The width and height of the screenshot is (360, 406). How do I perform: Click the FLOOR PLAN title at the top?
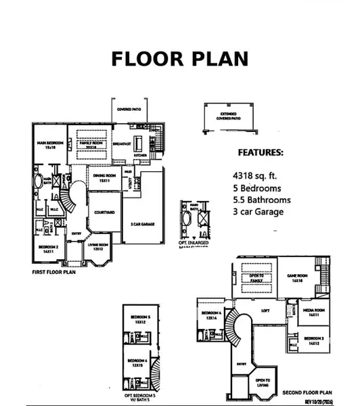(179, 59)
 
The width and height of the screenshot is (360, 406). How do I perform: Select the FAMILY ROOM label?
(89, 145)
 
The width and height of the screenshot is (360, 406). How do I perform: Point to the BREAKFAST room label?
(121, 143)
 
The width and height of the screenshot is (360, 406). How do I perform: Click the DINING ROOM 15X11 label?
(104, 179)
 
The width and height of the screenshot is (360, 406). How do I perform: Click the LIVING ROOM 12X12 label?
(98, 249)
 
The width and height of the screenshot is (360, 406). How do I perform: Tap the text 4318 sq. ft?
(256, 175)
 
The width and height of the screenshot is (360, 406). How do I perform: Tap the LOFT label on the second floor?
(265, 311)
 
